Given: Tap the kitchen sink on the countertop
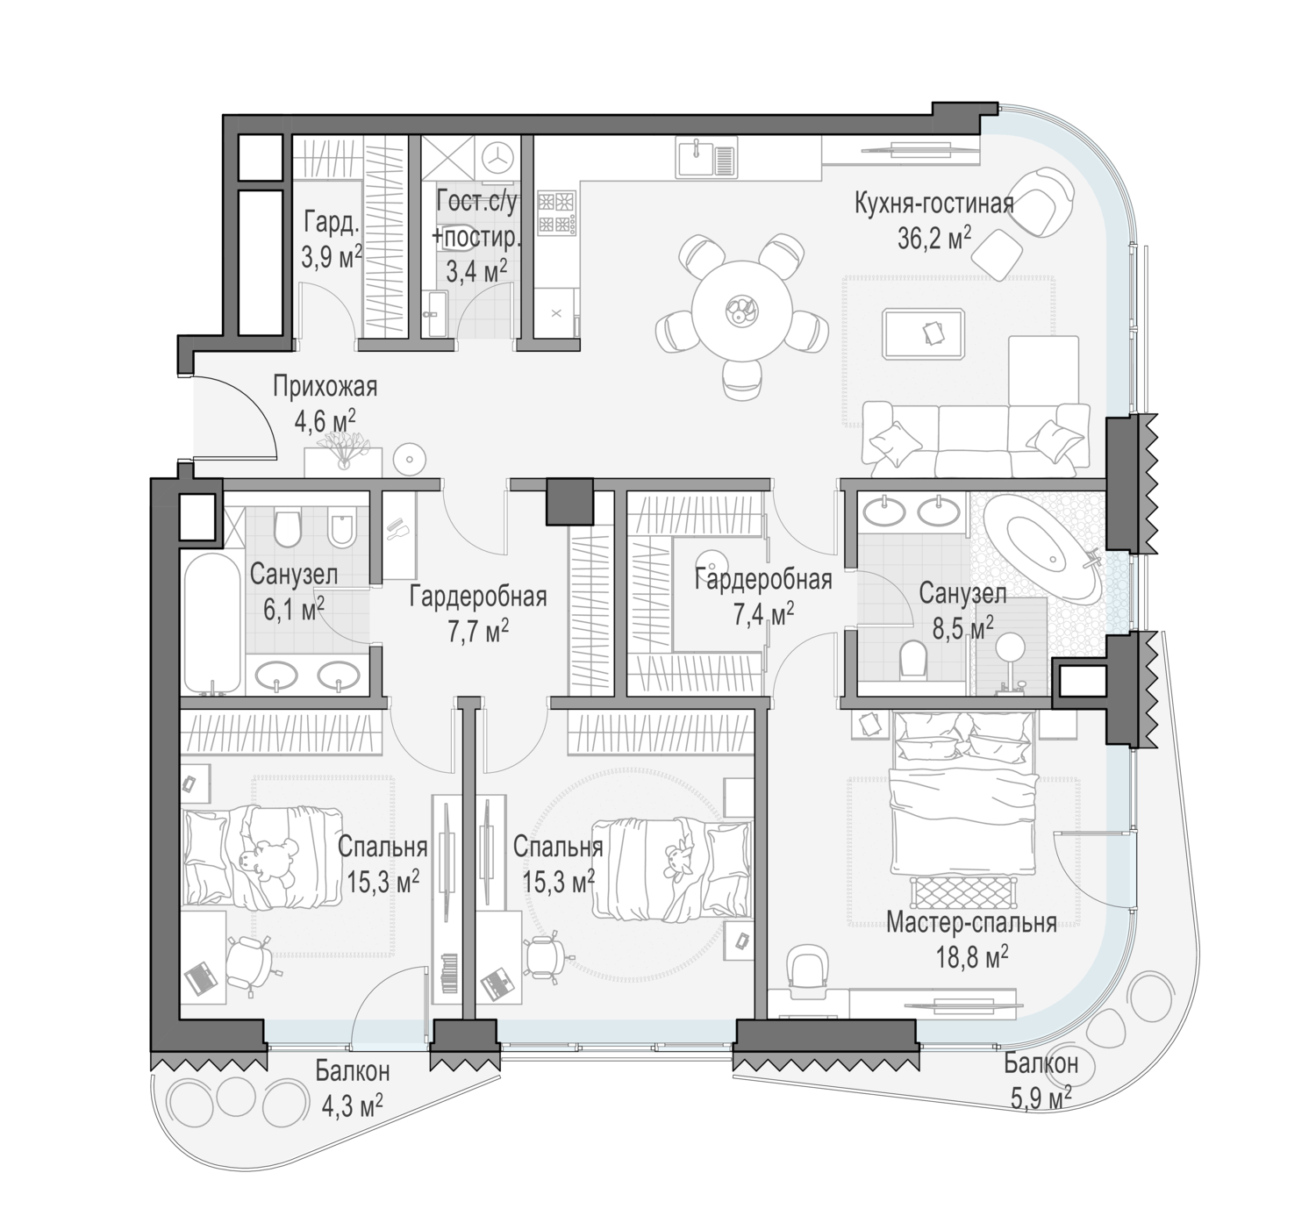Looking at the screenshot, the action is coord(706,159).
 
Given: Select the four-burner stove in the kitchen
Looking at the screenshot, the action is coord(556,213).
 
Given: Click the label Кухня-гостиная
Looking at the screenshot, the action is coord(933,204).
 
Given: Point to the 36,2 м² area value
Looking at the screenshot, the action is coord(934,239).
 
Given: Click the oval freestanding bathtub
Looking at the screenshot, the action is coord(1041,547).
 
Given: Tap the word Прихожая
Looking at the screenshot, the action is coord(325,386).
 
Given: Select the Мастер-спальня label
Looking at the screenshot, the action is coord(971,922).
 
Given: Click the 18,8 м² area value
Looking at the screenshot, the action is coord(972,957).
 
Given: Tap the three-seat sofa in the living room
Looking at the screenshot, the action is coord(976,440).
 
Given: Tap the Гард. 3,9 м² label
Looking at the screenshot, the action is coord(332,240).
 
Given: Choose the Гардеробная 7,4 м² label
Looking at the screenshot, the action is coord(763,597).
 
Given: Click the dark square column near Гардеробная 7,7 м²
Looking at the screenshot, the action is coord(569,501).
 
